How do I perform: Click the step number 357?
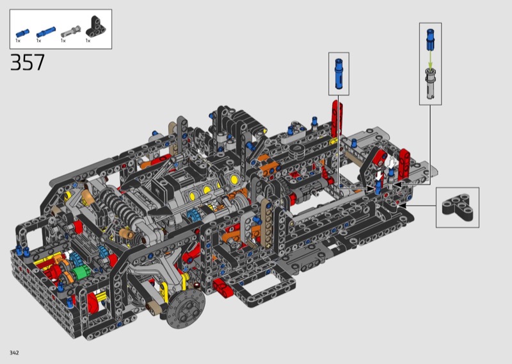pyautogui.click(x=28, y=62)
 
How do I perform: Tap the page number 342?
pyautogui.click(x=14, y=352)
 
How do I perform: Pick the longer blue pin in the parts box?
pyautogui.click(x=45, y=32)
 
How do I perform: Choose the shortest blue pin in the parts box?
pyautogui.click(x=22, y=33)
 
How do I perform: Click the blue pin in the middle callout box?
pyautogui.click(x=339, y=74)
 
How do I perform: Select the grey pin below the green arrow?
pyautogui.click(x=430, y=83)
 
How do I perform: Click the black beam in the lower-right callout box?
pyautogui.click(x=457, y=208)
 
